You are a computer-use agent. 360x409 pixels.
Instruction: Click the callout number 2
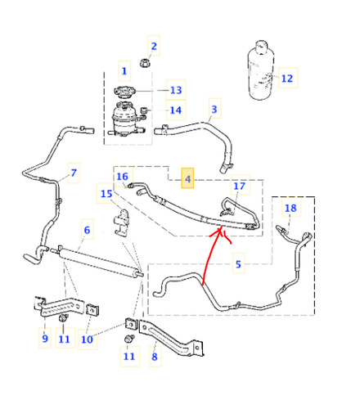pyautogui.click(x=154, y=46)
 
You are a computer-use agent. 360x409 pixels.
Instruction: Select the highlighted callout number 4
pyautogui.click(x=187, y=179)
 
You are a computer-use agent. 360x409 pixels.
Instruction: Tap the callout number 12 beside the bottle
pyautogui.click(x=287, y=79)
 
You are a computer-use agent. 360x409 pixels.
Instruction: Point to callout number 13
pyautogui.click(x=176, y=90)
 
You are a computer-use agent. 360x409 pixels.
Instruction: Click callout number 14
pyautogui.click(x=176, y=110)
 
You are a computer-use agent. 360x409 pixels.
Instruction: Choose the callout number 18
pyautogui.click(x=290, y=208)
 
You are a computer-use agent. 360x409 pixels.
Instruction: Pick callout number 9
pyautogui.click(x=45, y=339)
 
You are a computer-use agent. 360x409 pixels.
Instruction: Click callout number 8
pyautogui.click(x=155, y=356)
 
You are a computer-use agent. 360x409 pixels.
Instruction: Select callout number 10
pyautogui.click(x=87, y=339)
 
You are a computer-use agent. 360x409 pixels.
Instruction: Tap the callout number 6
pyautogui.click(x=87, y=230)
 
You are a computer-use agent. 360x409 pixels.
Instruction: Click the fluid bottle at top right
pyautogui.click(x=261, y=70)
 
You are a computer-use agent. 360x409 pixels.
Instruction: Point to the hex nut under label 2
pyautogui.click(x=144, y=63)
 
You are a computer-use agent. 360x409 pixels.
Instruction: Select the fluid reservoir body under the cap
pyautogui.click(x=125, y=120)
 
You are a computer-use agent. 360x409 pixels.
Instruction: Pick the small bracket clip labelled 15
pyautogui.click(x=122, y=222)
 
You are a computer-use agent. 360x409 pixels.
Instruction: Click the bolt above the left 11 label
pyautogui.click(x=64, y=318)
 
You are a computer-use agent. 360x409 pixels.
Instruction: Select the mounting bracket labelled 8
pyautogui.click(x=172, y=338)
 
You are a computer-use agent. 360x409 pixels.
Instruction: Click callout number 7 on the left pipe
pyautogui.click(x=74, y=173)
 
